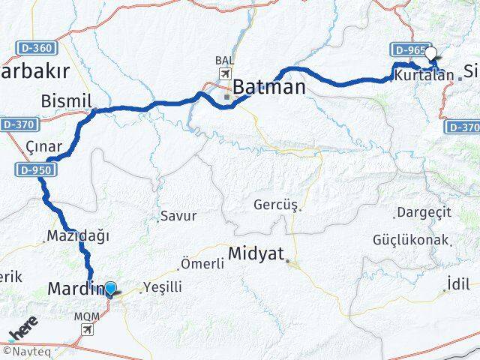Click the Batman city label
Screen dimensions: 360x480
coord(268,87)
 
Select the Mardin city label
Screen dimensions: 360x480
coord(74,289)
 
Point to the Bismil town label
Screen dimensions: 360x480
coord(87,100)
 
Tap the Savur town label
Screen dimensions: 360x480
coord(180,215)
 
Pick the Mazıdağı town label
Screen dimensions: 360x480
coord(78,235)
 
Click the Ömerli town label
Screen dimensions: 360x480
coord(202,264)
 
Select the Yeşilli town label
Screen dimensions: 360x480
coord(163,286)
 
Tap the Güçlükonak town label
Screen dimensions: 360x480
coord(410,240)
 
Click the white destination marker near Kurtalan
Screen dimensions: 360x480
coord(431,54)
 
